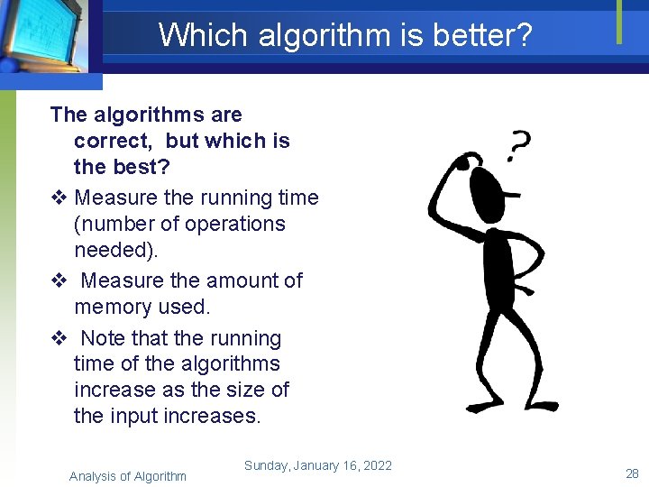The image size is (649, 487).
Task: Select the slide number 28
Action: click(632, 473)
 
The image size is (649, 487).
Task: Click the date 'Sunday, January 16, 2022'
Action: click(317, 465)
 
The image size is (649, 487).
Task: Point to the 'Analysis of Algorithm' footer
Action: click(128, 476)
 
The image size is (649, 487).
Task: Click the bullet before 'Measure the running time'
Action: click(59, 198)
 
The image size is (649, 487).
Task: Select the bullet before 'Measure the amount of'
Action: click(59, 280)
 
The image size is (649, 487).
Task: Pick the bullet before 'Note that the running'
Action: click(59, 338)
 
